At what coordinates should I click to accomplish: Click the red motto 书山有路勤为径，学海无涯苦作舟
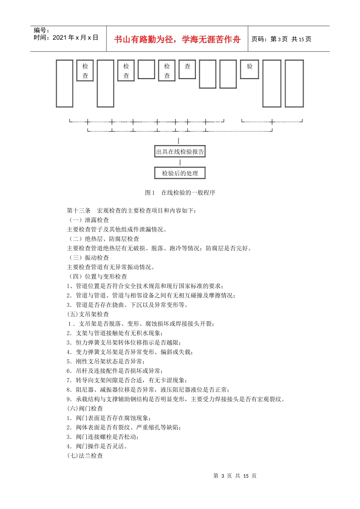click(177, 39)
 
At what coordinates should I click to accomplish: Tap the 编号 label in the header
click(41, 30)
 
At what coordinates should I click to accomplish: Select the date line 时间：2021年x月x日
click(66, 37)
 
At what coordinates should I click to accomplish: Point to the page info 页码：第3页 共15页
click(281, 39)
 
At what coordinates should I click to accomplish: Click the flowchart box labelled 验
click(249, 69)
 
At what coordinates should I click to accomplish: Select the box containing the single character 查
click(187, 69)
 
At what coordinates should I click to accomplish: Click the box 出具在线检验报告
click(180, 151)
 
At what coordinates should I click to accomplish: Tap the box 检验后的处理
click(180, 173)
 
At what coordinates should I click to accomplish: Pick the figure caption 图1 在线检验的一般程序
click(180, 192)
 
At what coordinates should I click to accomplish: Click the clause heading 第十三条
click(79, 211)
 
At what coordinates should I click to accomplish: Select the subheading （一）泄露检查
click(88, 220)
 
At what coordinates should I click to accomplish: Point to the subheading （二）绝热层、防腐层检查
click(103, 239)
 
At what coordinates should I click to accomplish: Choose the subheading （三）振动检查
click(88, 258)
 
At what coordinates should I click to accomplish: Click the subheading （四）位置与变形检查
click(97, 276)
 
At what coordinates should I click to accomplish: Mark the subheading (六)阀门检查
click(85, 409)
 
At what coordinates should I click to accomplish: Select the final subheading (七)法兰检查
click(85, 456)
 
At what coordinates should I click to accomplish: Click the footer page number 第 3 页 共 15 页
click(235, 476)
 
